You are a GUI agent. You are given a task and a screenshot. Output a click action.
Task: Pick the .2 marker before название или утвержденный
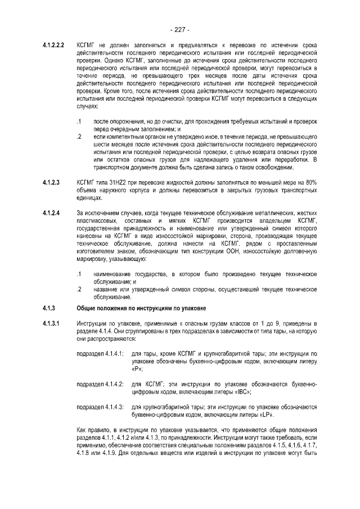(x=79, y=290)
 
